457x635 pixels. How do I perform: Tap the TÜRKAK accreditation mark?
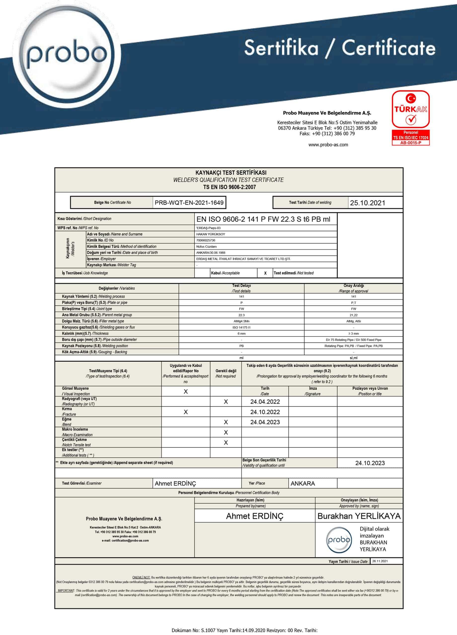click(411, 117)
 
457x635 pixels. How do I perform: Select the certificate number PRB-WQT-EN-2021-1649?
click(189, 203)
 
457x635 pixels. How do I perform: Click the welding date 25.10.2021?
click(367, 203)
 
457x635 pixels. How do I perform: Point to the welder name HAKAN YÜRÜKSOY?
click(211, 234)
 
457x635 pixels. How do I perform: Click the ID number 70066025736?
click(206, 240)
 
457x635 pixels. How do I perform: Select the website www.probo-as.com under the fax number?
click(328, 145)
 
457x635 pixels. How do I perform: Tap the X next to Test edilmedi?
click(265, 273)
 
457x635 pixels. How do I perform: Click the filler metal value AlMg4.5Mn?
click(241, 321)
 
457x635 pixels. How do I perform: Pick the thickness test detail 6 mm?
click(241, 333)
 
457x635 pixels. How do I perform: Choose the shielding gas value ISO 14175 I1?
click(241, 327)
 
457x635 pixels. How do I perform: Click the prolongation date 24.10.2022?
click(265, 412)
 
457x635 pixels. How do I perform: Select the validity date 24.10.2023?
click(370, 463)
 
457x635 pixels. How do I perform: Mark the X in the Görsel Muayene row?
click(186, 392)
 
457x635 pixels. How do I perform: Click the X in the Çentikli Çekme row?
click(226, 442)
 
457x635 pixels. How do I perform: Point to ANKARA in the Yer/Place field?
click(303, 483)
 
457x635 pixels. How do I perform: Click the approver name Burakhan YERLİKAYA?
click(359, 516)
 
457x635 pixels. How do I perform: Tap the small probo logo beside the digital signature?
click(339, 540)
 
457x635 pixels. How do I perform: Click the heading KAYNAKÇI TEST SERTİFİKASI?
click(228, 173)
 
